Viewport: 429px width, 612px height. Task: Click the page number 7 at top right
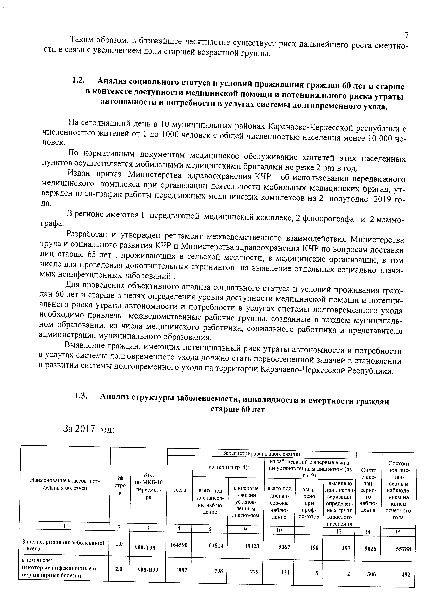click(x=406, y=35)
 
